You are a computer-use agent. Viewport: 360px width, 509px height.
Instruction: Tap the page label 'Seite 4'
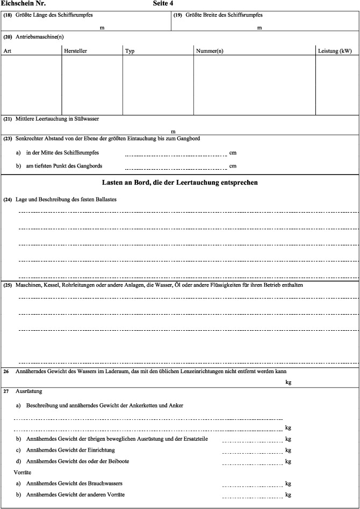point(167,3)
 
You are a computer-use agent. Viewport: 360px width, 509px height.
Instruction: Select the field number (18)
point(8,15)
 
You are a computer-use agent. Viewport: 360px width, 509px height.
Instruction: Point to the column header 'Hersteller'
point(75,51)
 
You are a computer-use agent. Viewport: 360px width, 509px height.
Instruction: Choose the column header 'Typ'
point(129,51)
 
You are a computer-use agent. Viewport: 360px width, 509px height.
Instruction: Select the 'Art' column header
point(8,51)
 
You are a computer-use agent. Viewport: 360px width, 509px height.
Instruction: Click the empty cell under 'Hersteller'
point(92,84)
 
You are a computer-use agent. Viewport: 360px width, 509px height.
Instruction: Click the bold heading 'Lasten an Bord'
point(180,183)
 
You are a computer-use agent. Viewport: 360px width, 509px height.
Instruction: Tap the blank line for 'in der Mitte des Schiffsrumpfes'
point(176,154)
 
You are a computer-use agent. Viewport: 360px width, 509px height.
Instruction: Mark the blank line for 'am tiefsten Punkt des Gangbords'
point(176,168)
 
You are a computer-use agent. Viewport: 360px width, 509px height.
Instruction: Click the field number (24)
point(8,200)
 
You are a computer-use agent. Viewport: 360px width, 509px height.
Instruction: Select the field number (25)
point(8,285)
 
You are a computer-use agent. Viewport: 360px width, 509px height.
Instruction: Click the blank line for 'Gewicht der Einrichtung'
point(251,452)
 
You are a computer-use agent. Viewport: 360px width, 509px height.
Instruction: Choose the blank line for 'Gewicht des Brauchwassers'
point(251,485)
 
